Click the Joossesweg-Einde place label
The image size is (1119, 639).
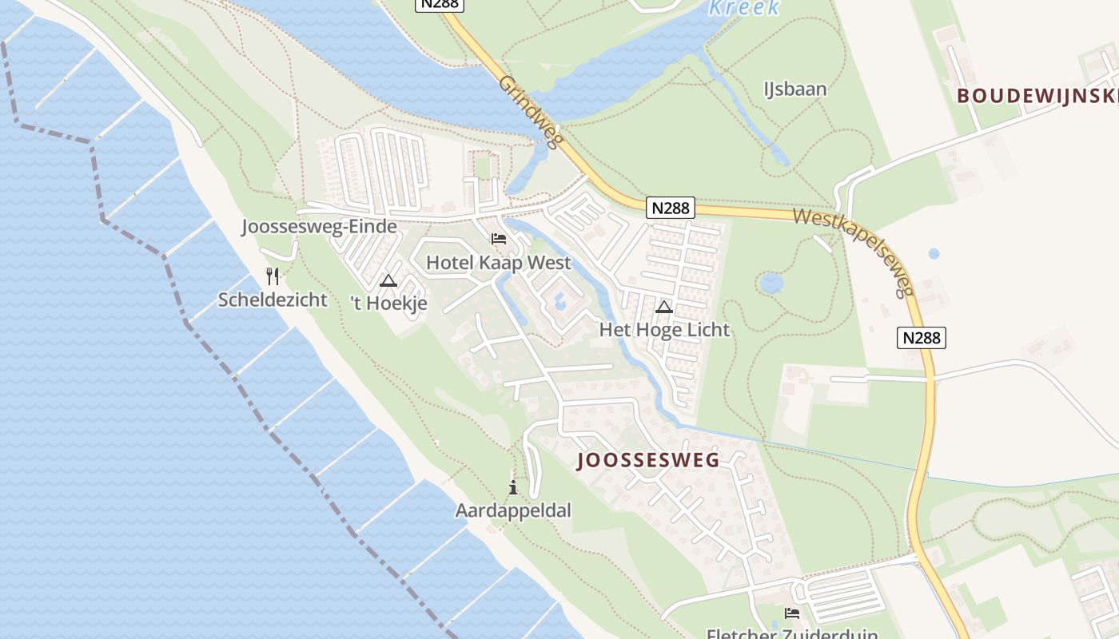[319, 227]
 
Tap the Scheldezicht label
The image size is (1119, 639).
[273, 300]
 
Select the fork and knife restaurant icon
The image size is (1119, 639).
[273, 276]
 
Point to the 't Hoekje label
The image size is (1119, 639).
[388, 304]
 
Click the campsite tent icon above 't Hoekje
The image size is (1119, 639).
[388, 280]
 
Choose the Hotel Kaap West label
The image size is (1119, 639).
[499, 263]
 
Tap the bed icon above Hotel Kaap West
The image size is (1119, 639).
[499, 239]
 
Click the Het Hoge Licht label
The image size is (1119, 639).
[664, 329]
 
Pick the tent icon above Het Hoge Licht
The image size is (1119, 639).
[664, 307]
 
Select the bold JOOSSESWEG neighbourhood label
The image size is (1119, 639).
[648, 460]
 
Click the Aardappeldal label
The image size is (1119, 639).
[513, 510]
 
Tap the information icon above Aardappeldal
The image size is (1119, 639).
[513, 487]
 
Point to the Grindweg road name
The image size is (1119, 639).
[532, 112]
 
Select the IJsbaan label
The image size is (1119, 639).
[794, 89]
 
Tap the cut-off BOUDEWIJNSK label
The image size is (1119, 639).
[1037, 96]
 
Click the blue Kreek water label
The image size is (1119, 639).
[743, 8]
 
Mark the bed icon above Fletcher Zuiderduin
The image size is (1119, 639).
[792, 613]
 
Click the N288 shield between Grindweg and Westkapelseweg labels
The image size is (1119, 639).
[670, 208]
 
